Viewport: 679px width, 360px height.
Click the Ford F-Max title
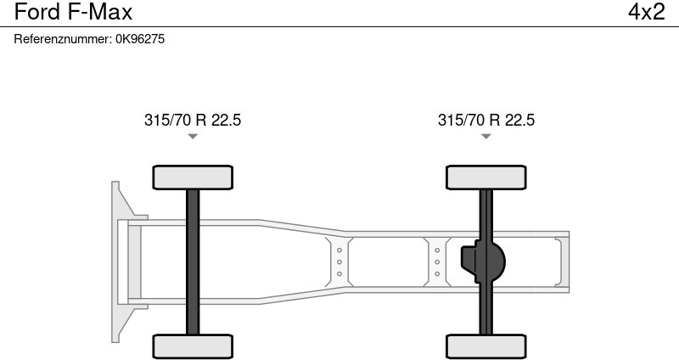(x=73, y=12)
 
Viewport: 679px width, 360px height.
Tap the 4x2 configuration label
(x=646, y=12)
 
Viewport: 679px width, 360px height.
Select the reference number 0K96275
(x=140, y=39)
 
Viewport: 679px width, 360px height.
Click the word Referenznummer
(x=62, y=39)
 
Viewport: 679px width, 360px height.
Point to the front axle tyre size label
(x=193, y=120)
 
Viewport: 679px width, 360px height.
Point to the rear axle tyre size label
(x=486, y=120)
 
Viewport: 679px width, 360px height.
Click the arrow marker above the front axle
(x=193, y=137)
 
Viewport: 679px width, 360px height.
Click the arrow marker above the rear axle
(x=486, y=137)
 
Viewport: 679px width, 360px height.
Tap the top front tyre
(x=193, y=177)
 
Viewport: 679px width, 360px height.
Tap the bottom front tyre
(x=193, y=346)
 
